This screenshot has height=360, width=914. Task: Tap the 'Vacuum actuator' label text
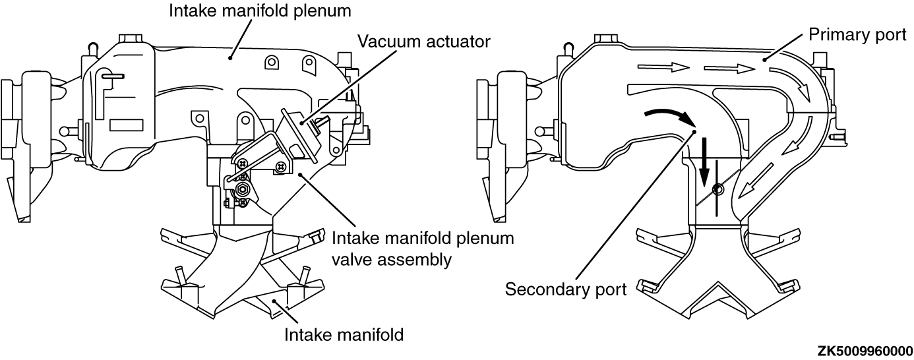424,42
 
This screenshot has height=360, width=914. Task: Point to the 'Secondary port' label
565,289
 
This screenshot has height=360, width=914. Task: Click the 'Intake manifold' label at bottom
343,334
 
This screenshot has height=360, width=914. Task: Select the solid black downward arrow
704,162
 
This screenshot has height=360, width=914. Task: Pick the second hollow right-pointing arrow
729,68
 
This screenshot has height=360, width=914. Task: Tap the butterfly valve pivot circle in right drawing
717,190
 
